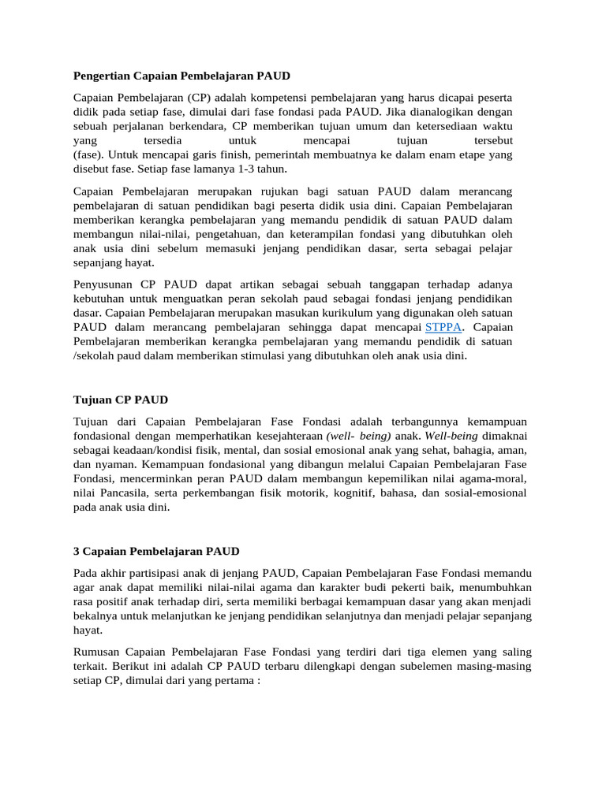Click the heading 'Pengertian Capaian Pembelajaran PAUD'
tap(181, 76)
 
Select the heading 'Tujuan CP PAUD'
tap(120, 400)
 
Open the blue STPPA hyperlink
tap(443, 327)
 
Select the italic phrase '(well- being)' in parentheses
tap(359, 436)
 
